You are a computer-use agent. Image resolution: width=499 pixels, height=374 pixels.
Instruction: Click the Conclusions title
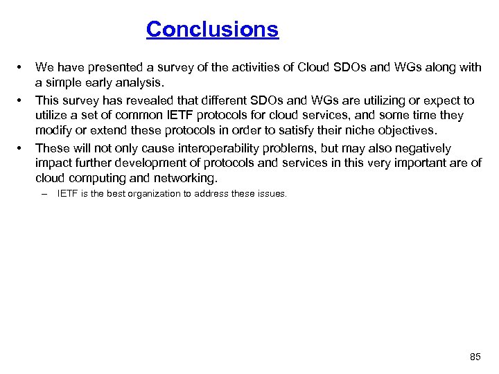point(212,30)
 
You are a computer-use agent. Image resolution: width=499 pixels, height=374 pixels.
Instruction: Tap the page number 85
point(475,357)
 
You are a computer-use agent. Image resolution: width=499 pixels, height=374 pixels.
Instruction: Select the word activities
point(235,67)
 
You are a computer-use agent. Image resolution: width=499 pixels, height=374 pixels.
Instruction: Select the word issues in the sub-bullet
point(271,194)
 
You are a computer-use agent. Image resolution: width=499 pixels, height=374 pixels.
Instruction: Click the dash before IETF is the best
point(44,194)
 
